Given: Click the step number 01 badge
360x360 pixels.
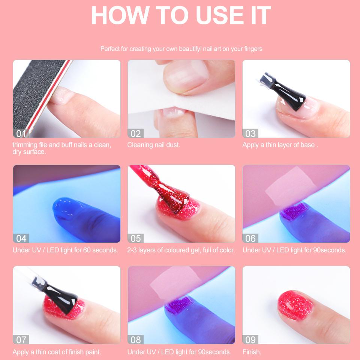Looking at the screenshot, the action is coord(21,133).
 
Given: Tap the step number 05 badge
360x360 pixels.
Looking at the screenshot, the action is coord(135,238).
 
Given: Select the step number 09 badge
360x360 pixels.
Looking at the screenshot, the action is coord(250,340).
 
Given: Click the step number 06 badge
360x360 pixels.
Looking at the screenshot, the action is coord(250,238).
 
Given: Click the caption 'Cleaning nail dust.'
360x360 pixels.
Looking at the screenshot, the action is coord(154,145).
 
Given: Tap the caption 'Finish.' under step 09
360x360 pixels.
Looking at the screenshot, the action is coord(252,352).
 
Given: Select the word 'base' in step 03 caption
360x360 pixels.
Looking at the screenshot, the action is coord(307,145).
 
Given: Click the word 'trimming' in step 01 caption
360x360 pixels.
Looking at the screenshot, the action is coord(25,145).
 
